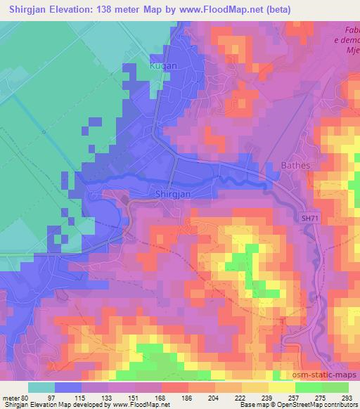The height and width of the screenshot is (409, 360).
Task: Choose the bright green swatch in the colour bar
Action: pos(308,387)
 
